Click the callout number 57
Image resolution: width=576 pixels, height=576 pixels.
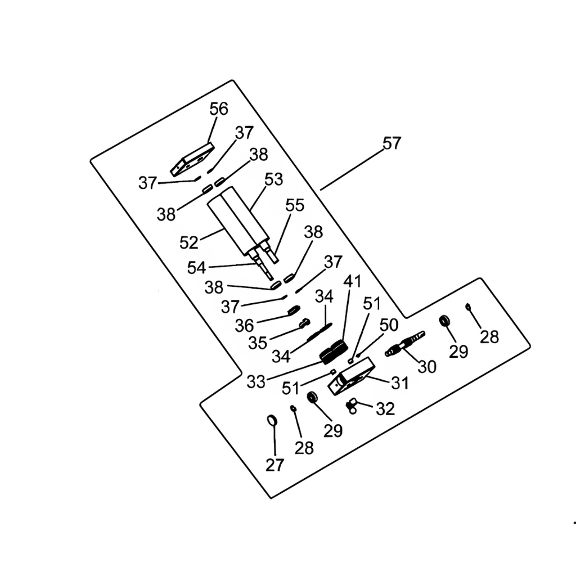coord(392,142)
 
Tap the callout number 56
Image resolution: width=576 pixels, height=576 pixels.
coord(219,109)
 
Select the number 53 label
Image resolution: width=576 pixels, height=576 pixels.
coord(274,179)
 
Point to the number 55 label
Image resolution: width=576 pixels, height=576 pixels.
coord(295,205)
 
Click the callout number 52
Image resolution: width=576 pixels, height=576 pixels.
coord(189,242)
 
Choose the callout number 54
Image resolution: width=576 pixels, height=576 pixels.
coord(196,268)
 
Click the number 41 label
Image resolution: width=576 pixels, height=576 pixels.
coord(352,281)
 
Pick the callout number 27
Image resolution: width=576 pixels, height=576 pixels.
coord(274,465)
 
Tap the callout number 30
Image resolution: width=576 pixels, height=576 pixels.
coord(427,366)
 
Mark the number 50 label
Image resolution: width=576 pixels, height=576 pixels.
coord(389,325)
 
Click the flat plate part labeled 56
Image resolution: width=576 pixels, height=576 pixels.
coord(192,159)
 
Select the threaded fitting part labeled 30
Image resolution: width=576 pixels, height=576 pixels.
coord(405,344)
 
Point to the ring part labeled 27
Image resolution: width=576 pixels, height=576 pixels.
coord(272,420)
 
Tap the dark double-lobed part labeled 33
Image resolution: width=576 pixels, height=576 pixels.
coord(333,352)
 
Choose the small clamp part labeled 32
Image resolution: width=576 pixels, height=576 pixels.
coord(352,405)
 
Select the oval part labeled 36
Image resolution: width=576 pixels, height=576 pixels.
coord(294,310)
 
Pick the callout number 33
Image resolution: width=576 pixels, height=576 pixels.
coord(256,382)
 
